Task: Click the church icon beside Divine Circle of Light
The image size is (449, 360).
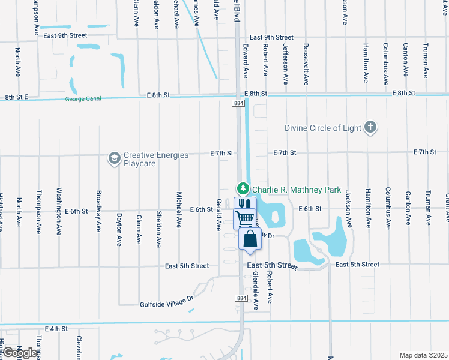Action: pos(371,127)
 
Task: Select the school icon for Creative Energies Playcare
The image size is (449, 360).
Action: pos(113,158)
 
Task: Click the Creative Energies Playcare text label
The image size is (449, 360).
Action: pos(156,159)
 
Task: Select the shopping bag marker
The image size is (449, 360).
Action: pos(250,238)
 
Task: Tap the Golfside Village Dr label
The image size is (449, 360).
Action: pos(167,301)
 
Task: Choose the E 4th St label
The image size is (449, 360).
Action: pos(56,329)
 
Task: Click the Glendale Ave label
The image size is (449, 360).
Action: pos(256,290)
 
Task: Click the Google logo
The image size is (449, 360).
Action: pos(20,353)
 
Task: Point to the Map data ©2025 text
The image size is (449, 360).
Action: pos(423,355)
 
